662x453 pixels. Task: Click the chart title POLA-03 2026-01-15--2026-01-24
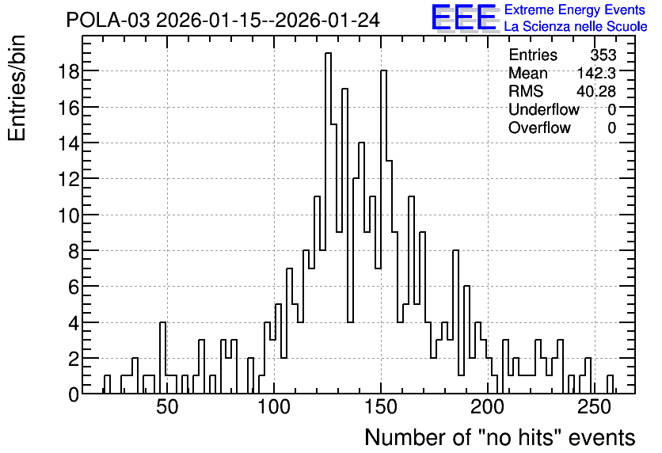[x=223, y=20]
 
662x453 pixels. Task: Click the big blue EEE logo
[x=464, y=18]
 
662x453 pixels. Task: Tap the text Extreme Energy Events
[x=575, y=10]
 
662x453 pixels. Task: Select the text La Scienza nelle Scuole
[x=576, y=26]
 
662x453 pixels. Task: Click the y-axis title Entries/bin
[x=17, y=89]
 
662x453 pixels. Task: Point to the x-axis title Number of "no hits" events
[x=500, y=437]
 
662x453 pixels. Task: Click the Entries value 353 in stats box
[x=603, y=55]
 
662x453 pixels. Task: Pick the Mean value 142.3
[x=596, y=73]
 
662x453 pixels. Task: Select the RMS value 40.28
[x=596, y=91]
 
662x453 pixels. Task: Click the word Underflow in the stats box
[x=544, y=109]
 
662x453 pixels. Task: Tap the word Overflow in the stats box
[x=539, y=128]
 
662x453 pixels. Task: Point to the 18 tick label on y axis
[x=68, y=71]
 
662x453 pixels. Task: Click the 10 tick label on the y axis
[x=68, y=215]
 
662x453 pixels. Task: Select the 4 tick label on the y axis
[x=74, y=323]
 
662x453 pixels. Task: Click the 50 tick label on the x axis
[x=168, y=407]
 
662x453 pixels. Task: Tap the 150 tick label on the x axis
[x=381, y=407]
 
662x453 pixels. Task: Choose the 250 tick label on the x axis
[x=595, y=407]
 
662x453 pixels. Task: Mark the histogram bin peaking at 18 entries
[x=384, y=232]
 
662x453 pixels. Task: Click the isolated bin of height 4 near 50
[x=162, y=358]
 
